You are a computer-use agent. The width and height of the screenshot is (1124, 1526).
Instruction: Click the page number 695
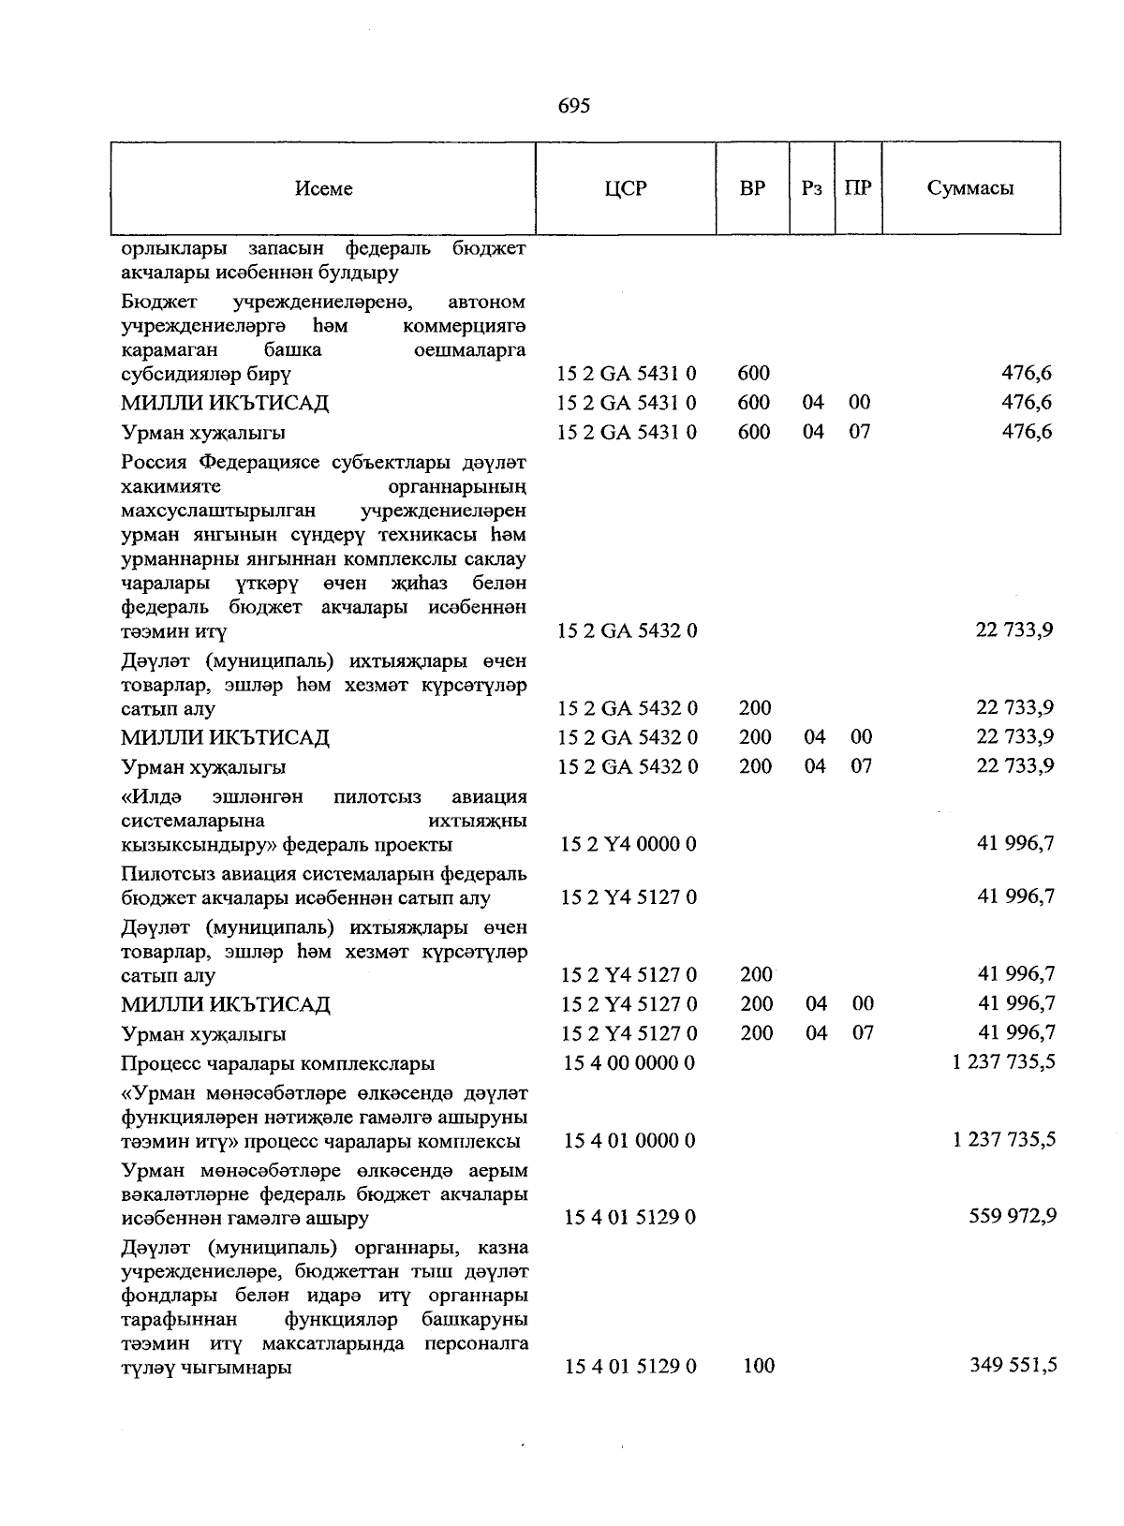click(x=573, y=107)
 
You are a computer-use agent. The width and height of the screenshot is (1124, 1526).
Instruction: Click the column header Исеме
click(x=323, y=188)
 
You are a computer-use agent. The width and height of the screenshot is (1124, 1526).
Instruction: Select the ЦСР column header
click(x=626, y=188)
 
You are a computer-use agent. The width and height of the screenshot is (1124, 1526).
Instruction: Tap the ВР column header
click(x=752, y=188)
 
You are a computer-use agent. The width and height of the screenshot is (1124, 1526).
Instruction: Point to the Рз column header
click(x=812, y=188)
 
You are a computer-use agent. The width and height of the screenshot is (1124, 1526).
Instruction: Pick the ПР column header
click(x=858, y=188)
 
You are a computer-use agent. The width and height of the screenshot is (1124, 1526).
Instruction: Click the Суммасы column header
click(x=970, y=188)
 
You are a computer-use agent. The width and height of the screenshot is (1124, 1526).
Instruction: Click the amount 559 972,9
click(x=1013, y=1217)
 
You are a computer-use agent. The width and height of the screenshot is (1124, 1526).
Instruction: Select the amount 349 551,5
click(x=1013, y=1365)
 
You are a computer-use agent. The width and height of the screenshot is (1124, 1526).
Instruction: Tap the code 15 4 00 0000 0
click(x=629, y=1063)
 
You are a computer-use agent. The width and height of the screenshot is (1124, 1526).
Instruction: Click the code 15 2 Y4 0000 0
click(x=629, y=844)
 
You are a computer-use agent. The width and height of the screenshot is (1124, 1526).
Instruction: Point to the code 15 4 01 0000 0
click(x=629, y=1140)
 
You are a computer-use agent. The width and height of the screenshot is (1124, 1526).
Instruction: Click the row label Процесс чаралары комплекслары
click(x=278, y=1064)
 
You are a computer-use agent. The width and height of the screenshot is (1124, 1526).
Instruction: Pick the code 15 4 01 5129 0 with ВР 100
click(x=629, y=1366)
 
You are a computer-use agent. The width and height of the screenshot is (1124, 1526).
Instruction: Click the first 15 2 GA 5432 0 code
click(x=627, y=630)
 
